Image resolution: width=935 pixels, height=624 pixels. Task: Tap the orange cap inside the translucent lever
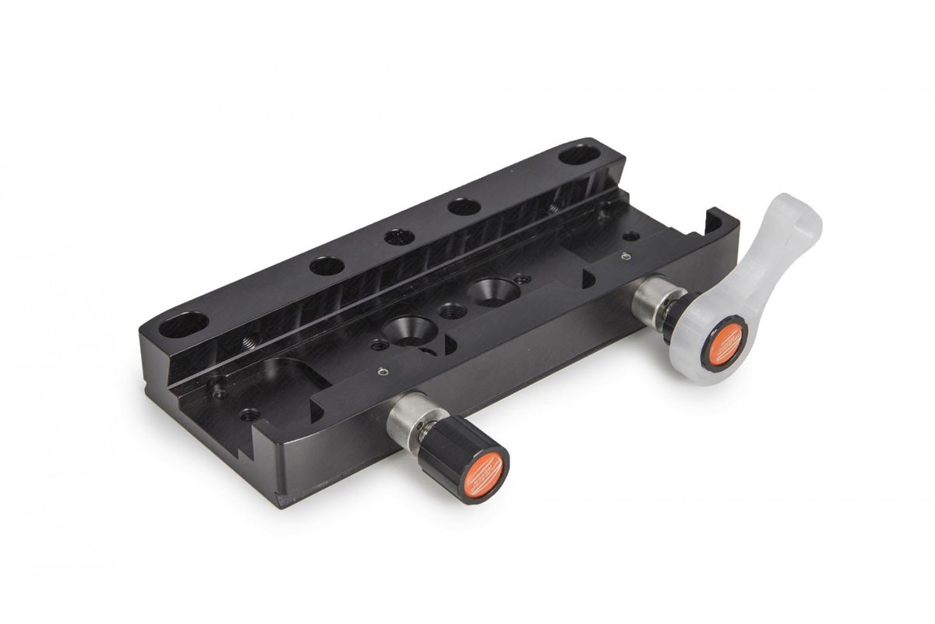724,342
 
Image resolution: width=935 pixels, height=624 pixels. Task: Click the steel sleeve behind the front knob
405,422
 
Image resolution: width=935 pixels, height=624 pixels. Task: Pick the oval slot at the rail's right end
578,154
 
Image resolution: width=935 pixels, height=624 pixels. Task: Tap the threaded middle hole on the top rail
399,236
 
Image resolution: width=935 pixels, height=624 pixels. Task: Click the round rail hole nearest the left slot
326,266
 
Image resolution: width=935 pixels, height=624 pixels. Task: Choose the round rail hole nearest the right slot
464,207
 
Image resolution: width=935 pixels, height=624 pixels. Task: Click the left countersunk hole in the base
405,327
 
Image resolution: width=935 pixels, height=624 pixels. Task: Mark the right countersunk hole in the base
489,290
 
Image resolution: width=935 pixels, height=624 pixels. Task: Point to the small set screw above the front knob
381,372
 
